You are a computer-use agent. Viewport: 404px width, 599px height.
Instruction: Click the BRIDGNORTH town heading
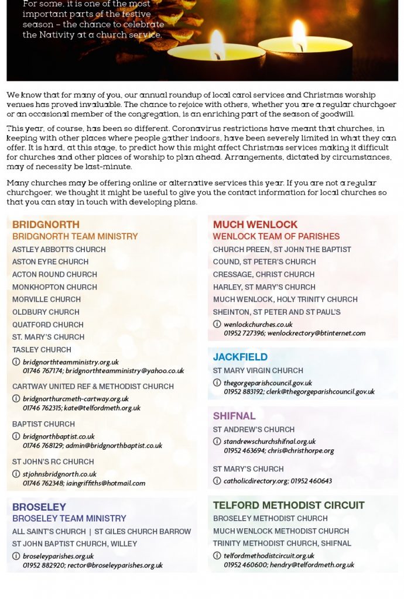click(46, 225)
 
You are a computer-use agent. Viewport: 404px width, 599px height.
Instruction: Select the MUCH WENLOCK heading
click(255, 225)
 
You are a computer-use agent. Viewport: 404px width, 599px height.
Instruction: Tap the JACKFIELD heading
click(240, 357)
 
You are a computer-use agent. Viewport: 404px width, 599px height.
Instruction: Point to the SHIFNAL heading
click(234, 416)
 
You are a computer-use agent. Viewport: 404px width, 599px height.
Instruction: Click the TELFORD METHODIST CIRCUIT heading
click(289, 505)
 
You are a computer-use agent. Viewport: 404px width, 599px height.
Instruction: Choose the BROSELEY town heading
click(39, 507)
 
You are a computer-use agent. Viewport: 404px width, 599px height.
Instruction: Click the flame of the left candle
click(217, 44)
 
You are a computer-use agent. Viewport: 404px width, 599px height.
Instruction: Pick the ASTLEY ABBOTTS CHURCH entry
click(59, 249)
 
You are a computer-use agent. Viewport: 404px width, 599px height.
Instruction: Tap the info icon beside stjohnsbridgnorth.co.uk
click(16, 474)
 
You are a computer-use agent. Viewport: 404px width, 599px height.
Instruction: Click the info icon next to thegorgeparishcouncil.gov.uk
click(217, 383)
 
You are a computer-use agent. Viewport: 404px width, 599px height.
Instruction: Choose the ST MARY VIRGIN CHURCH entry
click(258, 370)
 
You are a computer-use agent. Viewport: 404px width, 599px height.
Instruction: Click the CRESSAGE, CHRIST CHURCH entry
click(263, 274)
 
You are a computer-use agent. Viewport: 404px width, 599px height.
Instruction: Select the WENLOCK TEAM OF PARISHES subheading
click(276, 237)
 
